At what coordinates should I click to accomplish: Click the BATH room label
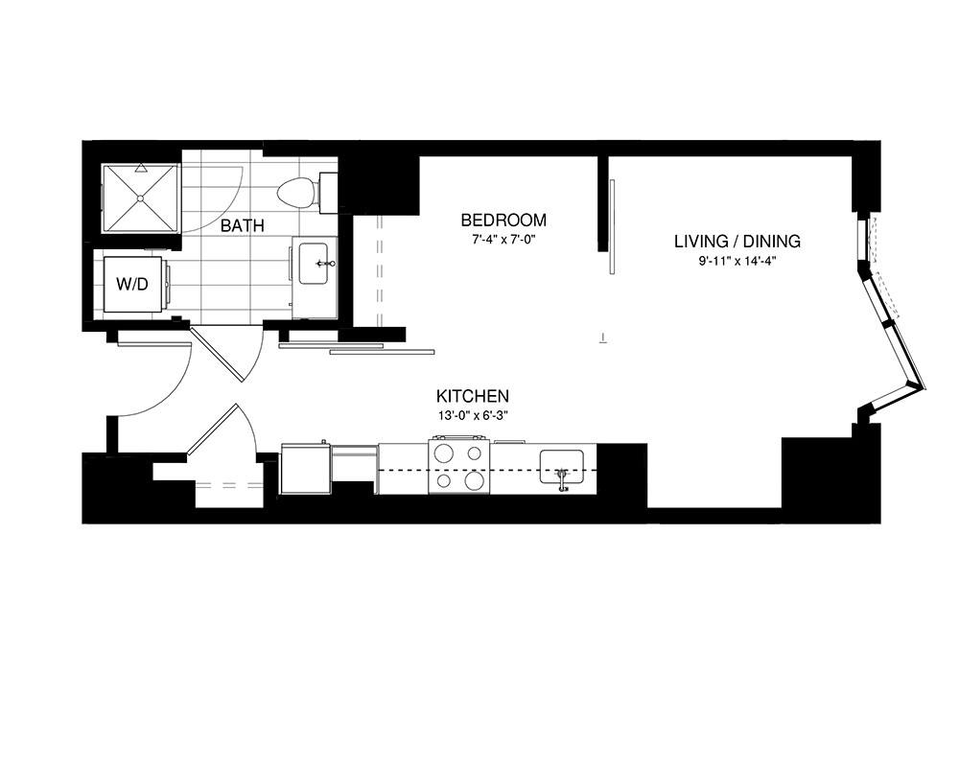[243, 225]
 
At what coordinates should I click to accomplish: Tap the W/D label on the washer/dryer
[132, 285]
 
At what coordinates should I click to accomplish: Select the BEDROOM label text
[503, 220]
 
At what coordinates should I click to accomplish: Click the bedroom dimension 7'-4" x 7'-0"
[503, 240]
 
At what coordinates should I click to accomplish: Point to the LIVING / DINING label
[737, 241]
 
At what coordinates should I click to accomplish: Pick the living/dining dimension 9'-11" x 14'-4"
[737, 261]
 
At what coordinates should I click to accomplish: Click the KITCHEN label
[472, 395]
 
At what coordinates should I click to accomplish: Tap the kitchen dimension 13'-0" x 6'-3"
[472, 415]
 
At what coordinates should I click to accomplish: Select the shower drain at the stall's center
[140, 198]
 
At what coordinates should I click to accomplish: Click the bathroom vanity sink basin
[314, 264]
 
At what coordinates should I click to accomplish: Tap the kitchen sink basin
[561, 467]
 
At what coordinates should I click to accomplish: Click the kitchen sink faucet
[561, 477]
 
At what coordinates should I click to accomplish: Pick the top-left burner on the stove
[443, 453]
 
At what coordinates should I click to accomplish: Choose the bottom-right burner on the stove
[474, 480]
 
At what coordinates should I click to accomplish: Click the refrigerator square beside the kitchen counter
[306, 468]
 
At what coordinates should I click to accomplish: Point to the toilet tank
[328, 193]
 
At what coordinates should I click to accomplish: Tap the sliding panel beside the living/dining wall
[612, 226]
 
